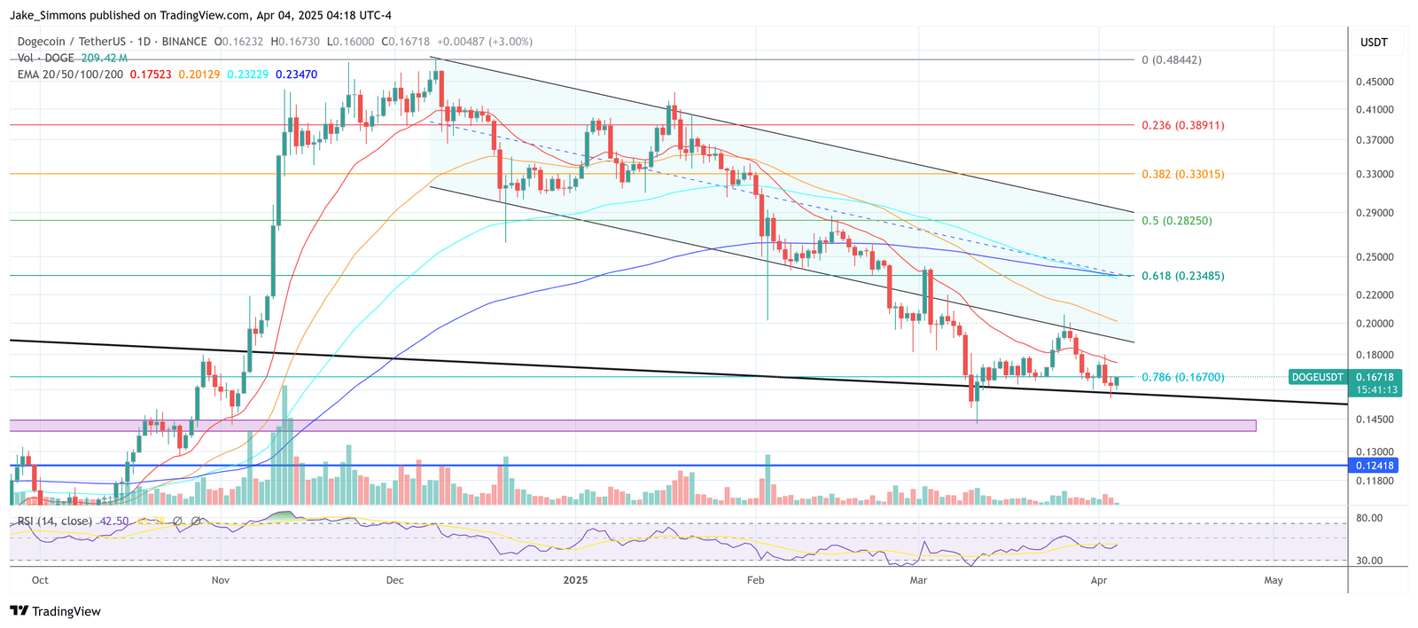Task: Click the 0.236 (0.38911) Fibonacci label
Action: (x=1182, y=125)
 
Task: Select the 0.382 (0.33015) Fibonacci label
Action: (x=1182, y=174)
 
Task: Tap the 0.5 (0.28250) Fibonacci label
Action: (x=1176, y=220)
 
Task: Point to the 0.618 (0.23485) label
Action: (x=1182, y=276)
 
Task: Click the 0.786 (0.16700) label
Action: (x=1182, y=377)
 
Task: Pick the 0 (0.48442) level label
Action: (x=1171, y=60)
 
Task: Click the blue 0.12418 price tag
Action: (x=1375, y=466)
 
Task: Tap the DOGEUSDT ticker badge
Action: (x=1316, y=377)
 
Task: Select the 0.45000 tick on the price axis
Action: (x=1375, y=82)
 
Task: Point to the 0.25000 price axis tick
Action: (x=1375, y=257)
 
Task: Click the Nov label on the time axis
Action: (x=221, y=580)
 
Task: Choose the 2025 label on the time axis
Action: (x=575, y=580)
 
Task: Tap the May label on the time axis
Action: (x=1273, y=580)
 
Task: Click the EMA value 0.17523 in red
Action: (x=151, y=75)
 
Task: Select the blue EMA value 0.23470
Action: (x=296, y=75)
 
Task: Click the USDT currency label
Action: (x=1374, y=43)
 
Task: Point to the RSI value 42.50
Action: (x=114, y=521)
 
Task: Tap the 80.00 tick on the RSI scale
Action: (x=1369, y=518)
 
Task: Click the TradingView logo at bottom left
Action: (x=55, y=611)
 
